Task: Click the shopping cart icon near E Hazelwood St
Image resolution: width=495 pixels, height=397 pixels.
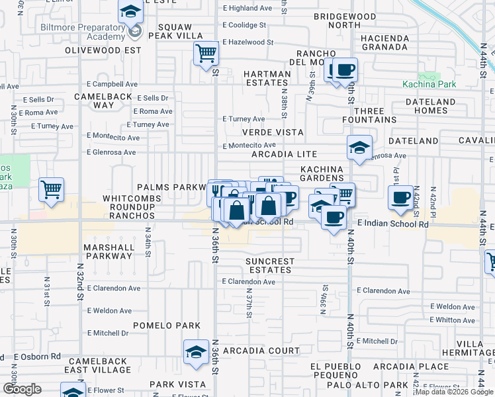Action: point(206,52)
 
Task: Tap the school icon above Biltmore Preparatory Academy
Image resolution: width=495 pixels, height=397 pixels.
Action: point(130,11)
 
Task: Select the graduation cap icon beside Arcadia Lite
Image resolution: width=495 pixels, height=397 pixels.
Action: point(359,147)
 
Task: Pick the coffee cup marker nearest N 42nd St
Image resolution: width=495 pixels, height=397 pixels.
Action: point(400,198)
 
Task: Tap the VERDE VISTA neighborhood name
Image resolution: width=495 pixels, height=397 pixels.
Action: point(272,132)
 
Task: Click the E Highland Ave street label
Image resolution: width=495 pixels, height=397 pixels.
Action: point(247,8)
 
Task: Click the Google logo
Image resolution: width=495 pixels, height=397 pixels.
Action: point(21,389)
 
